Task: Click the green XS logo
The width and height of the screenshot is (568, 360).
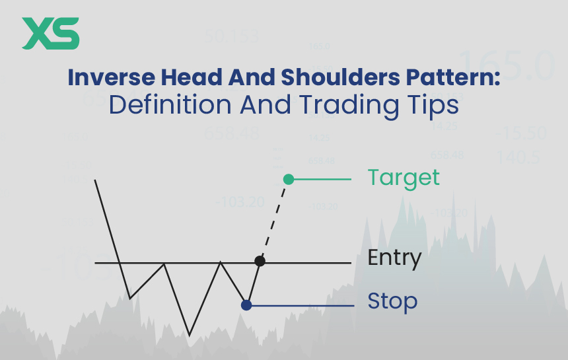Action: click(50, 34)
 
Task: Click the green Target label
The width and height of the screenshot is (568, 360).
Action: click(403, 178)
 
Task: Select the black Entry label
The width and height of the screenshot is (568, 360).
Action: click(394, 258)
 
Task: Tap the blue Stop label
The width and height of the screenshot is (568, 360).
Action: click(392, 302)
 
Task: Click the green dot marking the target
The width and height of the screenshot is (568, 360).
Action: click(288, 179)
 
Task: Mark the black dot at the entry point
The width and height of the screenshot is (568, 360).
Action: click(260, 262)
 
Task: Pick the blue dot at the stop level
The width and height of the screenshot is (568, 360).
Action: click(246, 305)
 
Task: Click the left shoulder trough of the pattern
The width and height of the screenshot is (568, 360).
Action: click(130, 297)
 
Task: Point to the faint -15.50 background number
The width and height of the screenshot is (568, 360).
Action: click(522, 133)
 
